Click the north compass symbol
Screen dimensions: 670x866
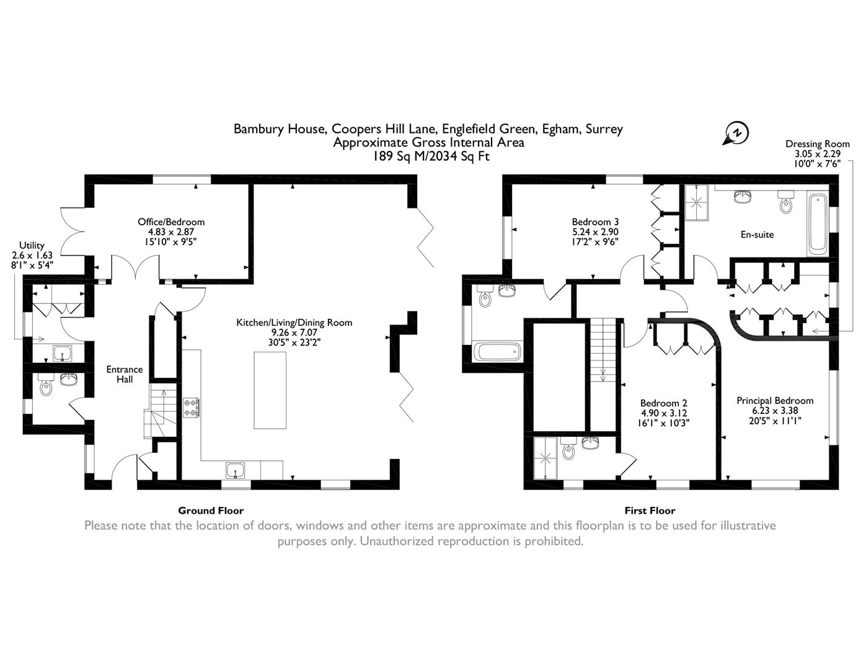coord(736,133)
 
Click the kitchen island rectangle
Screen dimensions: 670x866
coord(270,390)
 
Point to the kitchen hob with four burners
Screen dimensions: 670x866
coord(192,408)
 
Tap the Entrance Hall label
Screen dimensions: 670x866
coord(124,374)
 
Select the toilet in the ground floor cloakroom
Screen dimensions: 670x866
coord(46,386)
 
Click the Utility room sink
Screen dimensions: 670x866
coord(62,354)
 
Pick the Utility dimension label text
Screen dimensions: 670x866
coord(32,255)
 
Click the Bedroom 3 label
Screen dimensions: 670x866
coord(595,231)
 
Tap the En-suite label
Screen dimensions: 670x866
coord(757,234)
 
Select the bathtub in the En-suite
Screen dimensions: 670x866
coord(818,223)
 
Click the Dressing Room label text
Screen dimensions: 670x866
coord(818,153)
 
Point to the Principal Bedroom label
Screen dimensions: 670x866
coord(775,410)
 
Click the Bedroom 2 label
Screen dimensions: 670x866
coord(663,413)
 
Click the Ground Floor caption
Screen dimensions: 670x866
coord(211,511)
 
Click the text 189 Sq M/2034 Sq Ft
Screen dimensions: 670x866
coord(430,156)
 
